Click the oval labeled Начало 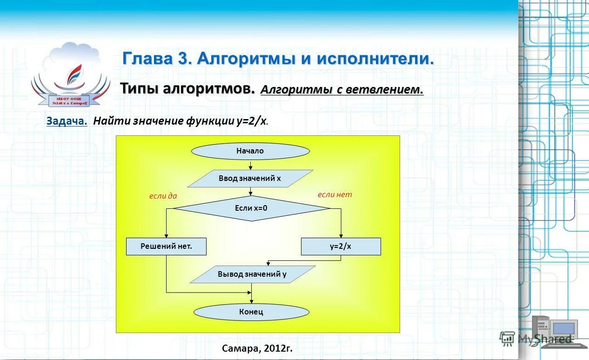250,151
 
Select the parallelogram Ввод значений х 250,179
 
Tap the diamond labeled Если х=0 251,208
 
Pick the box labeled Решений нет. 166,247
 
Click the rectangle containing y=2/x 341,247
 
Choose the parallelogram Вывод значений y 252,274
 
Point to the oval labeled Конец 251,312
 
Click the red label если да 163,196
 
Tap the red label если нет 335,194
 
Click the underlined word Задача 67,121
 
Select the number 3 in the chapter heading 181,59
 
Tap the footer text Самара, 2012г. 257,348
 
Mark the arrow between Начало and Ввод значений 251,165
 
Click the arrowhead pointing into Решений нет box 166,235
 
